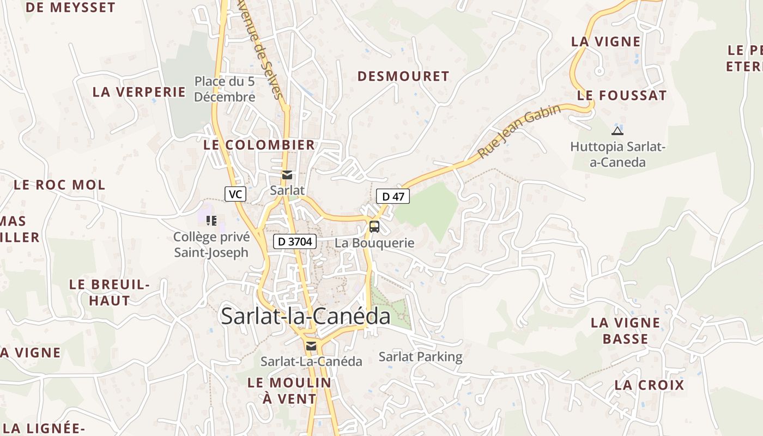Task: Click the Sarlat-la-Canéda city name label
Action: click(305, 317)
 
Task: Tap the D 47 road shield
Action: click(393, 196)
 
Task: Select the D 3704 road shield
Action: click(295, 241)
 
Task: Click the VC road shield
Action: click(235, 194)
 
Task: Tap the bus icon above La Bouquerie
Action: click(374, 227)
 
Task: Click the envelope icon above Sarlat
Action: click(287, 175)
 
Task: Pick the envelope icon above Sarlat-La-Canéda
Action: click(311, 346)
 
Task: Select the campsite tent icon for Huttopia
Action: click(617, 131)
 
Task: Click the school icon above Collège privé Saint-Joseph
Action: click(211, 221)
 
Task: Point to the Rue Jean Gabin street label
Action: click(519, 132)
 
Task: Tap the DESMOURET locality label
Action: click(403, 76)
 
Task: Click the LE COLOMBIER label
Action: click(259, 145)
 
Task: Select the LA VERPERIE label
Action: click(139, 92)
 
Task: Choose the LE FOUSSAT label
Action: click(622, 95)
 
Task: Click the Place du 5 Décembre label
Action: click(225, 89)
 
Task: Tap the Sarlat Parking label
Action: click(420, 357)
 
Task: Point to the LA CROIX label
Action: click(649, 385)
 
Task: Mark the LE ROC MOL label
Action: click(59, 185)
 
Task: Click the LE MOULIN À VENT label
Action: click(289, 391)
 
